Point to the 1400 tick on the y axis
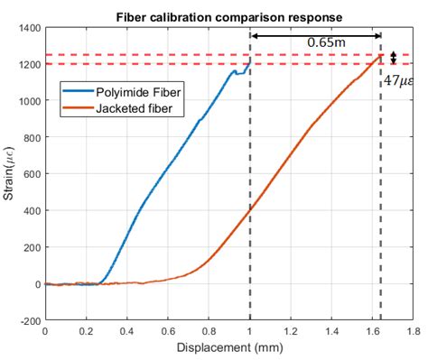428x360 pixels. [28, 29]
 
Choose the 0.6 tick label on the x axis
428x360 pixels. [167, 331]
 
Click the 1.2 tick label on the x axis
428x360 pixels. [290, 331]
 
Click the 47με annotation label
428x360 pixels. [398, 80]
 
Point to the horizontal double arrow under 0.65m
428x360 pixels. [315, 37]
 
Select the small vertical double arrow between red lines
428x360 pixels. [393, 59]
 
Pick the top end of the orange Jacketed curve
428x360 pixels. [380, 55]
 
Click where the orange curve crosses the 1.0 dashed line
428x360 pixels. [249, 209]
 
